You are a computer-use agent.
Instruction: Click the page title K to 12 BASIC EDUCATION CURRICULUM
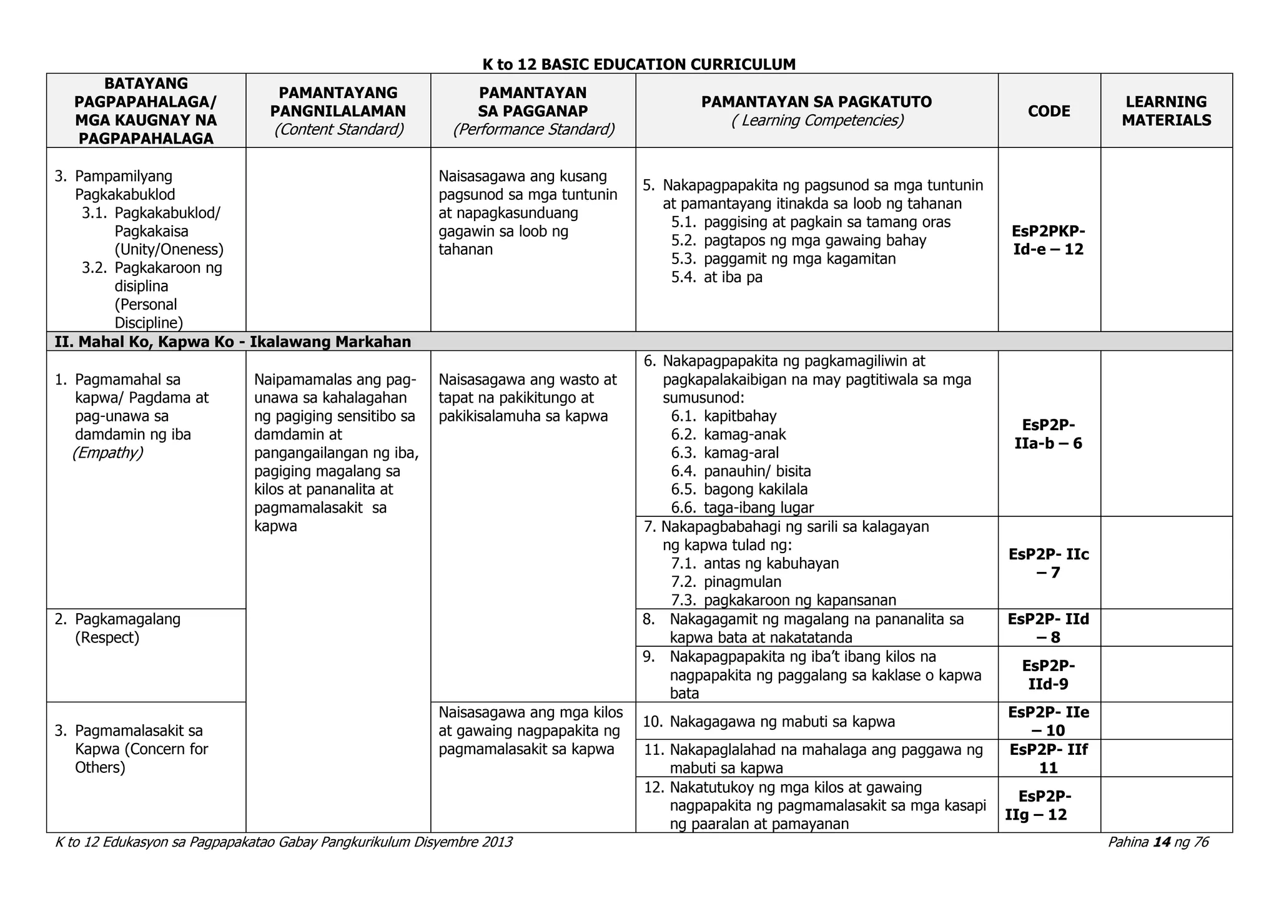(639, 64)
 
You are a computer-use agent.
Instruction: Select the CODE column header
(1049, 111)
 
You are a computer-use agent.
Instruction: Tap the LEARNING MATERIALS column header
(1166, 111)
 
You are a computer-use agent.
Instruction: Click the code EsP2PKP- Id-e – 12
(1049, 240)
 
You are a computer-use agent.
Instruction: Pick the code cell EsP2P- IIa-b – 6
(1049, 434)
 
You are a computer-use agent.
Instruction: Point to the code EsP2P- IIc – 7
(1049, 563)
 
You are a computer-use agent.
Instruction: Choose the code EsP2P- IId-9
(1049, 674)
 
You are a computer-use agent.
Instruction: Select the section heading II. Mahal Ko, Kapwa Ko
(232, 341)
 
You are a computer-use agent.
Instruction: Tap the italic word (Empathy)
(108, 453)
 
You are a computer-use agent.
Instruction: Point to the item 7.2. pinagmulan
(726, 582)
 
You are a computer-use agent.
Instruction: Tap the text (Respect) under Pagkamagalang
(107, 637)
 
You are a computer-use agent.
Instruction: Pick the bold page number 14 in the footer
(1162, 842)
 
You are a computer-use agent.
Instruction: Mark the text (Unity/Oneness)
(169, 250)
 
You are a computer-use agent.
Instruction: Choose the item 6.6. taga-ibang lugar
(743, 508)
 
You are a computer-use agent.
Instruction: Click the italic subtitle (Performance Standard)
(533, 129)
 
